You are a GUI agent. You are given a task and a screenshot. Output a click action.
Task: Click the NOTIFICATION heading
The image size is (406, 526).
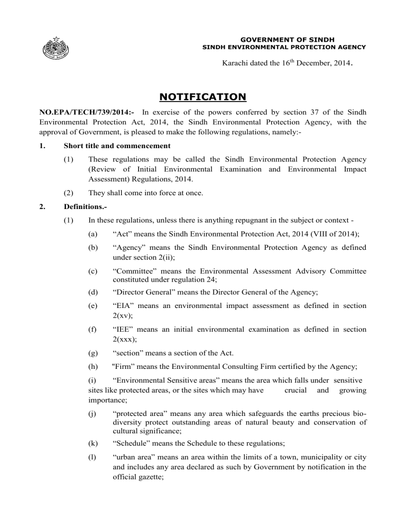click(202, 96)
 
